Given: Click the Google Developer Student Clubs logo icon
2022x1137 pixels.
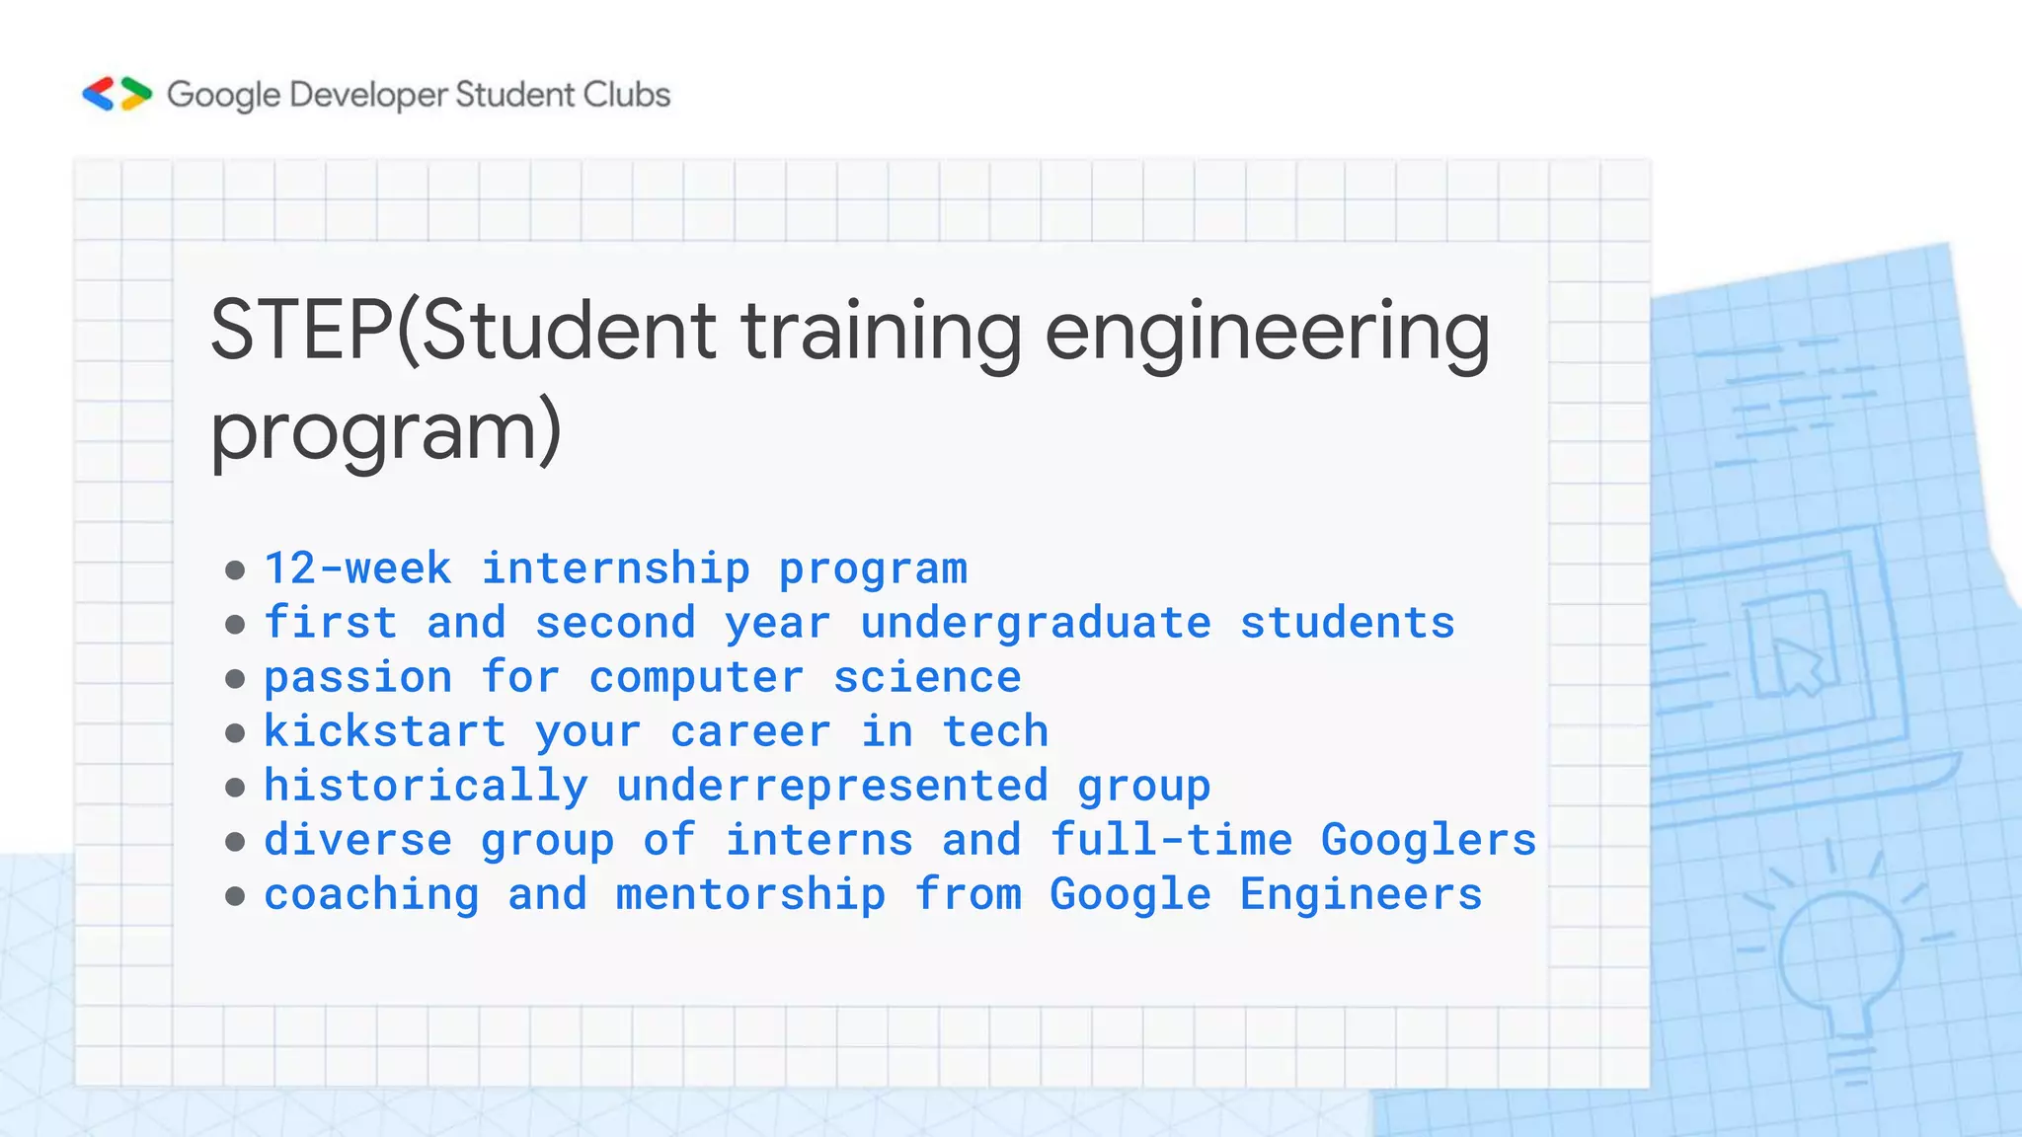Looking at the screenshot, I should tap(117, 94).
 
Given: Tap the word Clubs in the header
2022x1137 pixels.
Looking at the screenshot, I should tap(626, 95).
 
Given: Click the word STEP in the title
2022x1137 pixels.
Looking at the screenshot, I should tap(301, 331).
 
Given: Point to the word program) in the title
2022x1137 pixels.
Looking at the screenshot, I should tap(386, 431).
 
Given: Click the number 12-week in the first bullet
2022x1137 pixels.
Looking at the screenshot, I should tap(357, 568).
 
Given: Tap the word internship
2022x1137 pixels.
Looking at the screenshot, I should tap(615, 568).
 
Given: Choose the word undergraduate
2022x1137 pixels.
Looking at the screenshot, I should tap(1036, 623).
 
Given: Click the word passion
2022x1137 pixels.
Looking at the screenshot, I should tap(357, 678).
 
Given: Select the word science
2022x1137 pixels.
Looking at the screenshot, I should tap(927, 677).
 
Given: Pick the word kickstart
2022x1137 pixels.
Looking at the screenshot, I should tap(385, 731).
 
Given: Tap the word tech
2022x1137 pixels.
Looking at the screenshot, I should tap(995, 731).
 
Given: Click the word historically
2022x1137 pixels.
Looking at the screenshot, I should tap(426, 786).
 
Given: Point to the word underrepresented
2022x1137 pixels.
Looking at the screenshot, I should tap(832, 786).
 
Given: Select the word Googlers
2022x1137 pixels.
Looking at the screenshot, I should tap(1429, 840).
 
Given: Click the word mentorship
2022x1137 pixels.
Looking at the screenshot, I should tap(750, 894).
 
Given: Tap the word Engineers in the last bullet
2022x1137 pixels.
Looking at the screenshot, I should tap(1361, 894).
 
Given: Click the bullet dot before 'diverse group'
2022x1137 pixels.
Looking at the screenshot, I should tap(235, 841).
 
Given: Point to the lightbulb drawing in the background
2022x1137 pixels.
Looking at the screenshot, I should tap(1839, 967).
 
